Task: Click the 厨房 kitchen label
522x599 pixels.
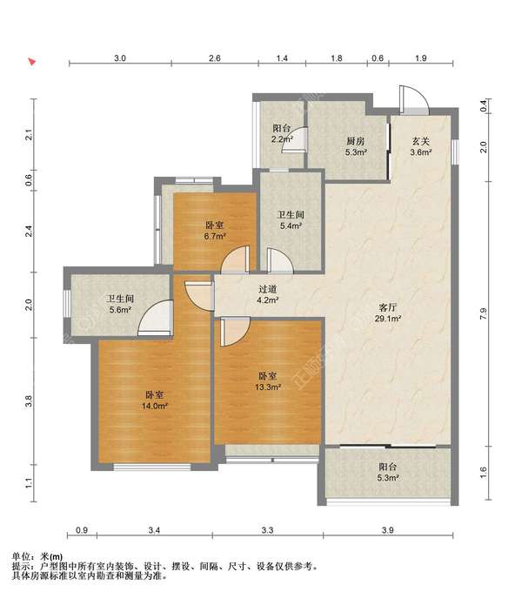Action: point(355,141)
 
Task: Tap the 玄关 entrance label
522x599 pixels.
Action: point(421,141)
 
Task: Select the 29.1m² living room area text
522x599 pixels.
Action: point(388,319)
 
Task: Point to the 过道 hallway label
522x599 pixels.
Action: point(267,290)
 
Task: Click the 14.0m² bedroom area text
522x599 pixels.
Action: point(155,406)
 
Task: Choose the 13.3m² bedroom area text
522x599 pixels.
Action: point(268,387)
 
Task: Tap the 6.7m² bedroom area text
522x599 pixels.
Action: point(215,236)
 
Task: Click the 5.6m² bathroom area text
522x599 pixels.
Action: point(120,310)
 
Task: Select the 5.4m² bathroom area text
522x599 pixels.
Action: point(291,225)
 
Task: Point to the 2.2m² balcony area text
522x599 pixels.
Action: point(282,139)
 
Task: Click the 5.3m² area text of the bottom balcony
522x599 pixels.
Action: point(388,477)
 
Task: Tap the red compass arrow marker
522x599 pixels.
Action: point(32,62)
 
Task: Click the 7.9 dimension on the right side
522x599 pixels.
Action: point(484,314)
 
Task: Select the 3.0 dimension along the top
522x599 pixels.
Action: point(120,58)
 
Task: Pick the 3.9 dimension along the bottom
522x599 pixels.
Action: point(388,530)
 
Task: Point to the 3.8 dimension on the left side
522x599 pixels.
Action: point(28,401)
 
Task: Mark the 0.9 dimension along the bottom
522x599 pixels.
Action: point(82,530)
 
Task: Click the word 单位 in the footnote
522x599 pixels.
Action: point(22,556)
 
